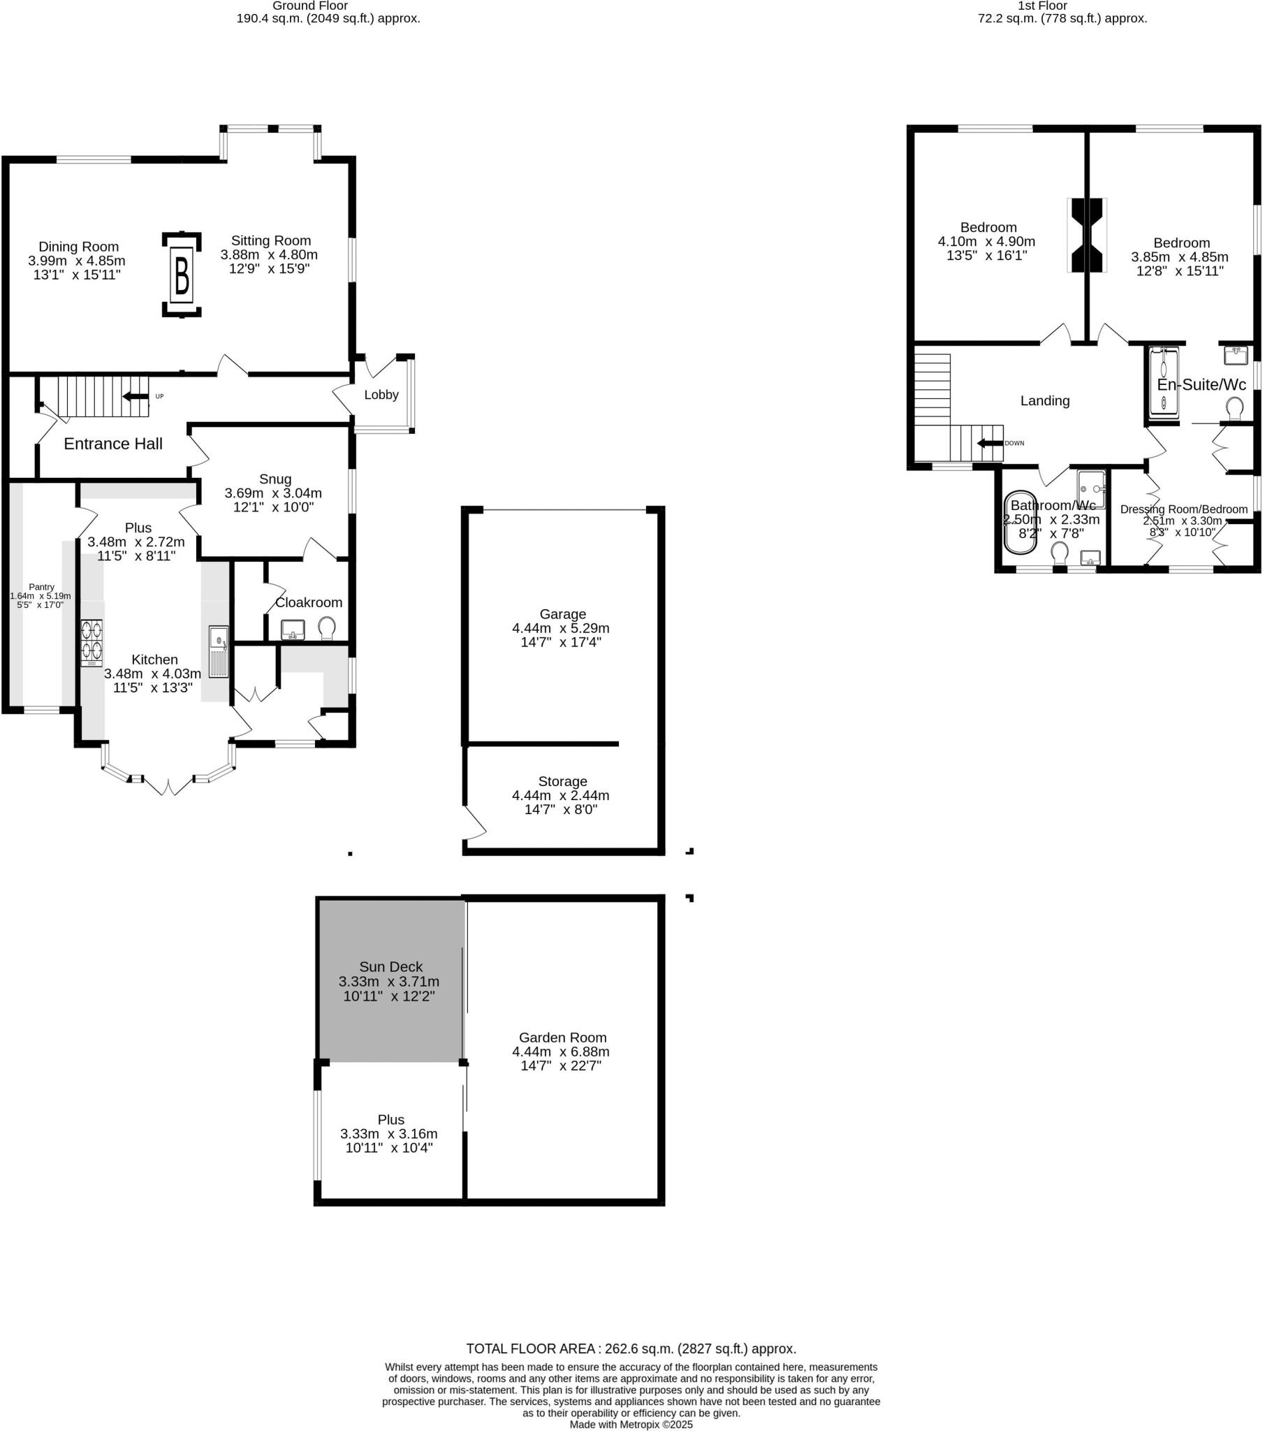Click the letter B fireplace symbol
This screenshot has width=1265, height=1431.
coord(182,275)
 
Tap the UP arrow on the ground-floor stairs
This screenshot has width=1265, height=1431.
coord(136,396)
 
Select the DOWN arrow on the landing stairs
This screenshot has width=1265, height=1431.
coord(990,443)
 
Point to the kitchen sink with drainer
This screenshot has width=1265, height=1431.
coord(219,652)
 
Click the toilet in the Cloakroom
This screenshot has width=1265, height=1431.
coord(326,627)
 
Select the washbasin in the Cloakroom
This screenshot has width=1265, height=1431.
coord(293,630)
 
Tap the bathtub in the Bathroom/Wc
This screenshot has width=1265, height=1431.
coord(1020,522)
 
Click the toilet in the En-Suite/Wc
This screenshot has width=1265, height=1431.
coord(1235,408)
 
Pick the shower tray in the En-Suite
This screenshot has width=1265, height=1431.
coord(1164,383)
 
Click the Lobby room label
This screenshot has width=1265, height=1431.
coord(381,395)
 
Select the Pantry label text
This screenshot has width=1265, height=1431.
coord(41,588)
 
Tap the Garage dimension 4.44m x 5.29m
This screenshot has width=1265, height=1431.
coord(561,628)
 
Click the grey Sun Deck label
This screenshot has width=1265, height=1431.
coord(390,967)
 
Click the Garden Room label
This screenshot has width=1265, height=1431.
coord(562,1038)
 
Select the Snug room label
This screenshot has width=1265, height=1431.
coord(275,479)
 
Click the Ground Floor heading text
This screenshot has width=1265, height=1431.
coord(310,6)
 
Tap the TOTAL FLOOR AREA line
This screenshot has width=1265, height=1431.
coord(631,1349)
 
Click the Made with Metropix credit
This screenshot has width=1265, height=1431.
coord(631,1424)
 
